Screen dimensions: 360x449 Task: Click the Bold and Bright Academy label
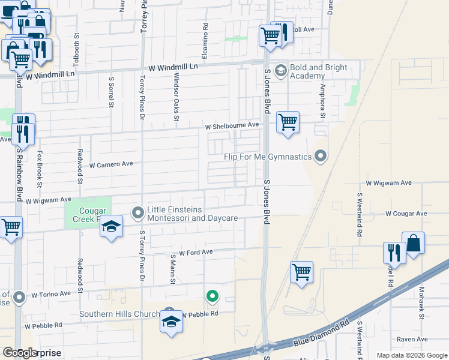[318, 71]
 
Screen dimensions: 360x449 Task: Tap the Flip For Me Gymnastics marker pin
[321, 157]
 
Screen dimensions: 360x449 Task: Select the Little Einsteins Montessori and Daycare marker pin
[138, 212]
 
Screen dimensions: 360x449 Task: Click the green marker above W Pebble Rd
[211, 296]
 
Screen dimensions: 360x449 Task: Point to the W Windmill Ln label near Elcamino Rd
[174, 67]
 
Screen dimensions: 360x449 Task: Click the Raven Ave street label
[412, 339]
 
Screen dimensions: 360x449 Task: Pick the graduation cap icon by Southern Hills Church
[171, 322]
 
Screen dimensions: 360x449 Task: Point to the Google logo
[20, 353]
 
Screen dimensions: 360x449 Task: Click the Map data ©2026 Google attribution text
[411, 355]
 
